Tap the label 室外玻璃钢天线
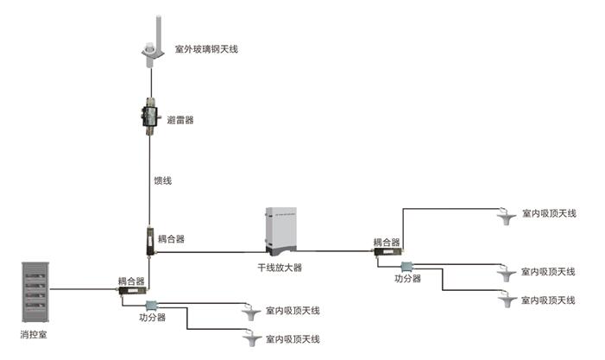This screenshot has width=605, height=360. [x=206, y=50]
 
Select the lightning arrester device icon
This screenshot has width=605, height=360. [x=150, y=115]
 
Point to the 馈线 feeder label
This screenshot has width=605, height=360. [x=163, y=180]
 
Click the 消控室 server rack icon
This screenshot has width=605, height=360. [x=34, y=288]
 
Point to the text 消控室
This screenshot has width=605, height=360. [x=34, y=333]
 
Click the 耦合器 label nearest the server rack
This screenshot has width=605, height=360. [x=131, y=281]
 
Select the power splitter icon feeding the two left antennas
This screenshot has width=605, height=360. [x=153, y=305]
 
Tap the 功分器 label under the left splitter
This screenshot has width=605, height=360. [x=152, y=318]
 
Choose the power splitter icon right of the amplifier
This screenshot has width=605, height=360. [x=406, y=267]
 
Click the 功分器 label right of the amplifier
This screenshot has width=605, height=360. [x=407, y=279]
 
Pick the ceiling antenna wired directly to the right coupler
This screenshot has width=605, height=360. [x=507, y=216]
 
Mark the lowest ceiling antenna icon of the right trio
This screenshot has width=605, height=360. [x=507, y=300]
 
